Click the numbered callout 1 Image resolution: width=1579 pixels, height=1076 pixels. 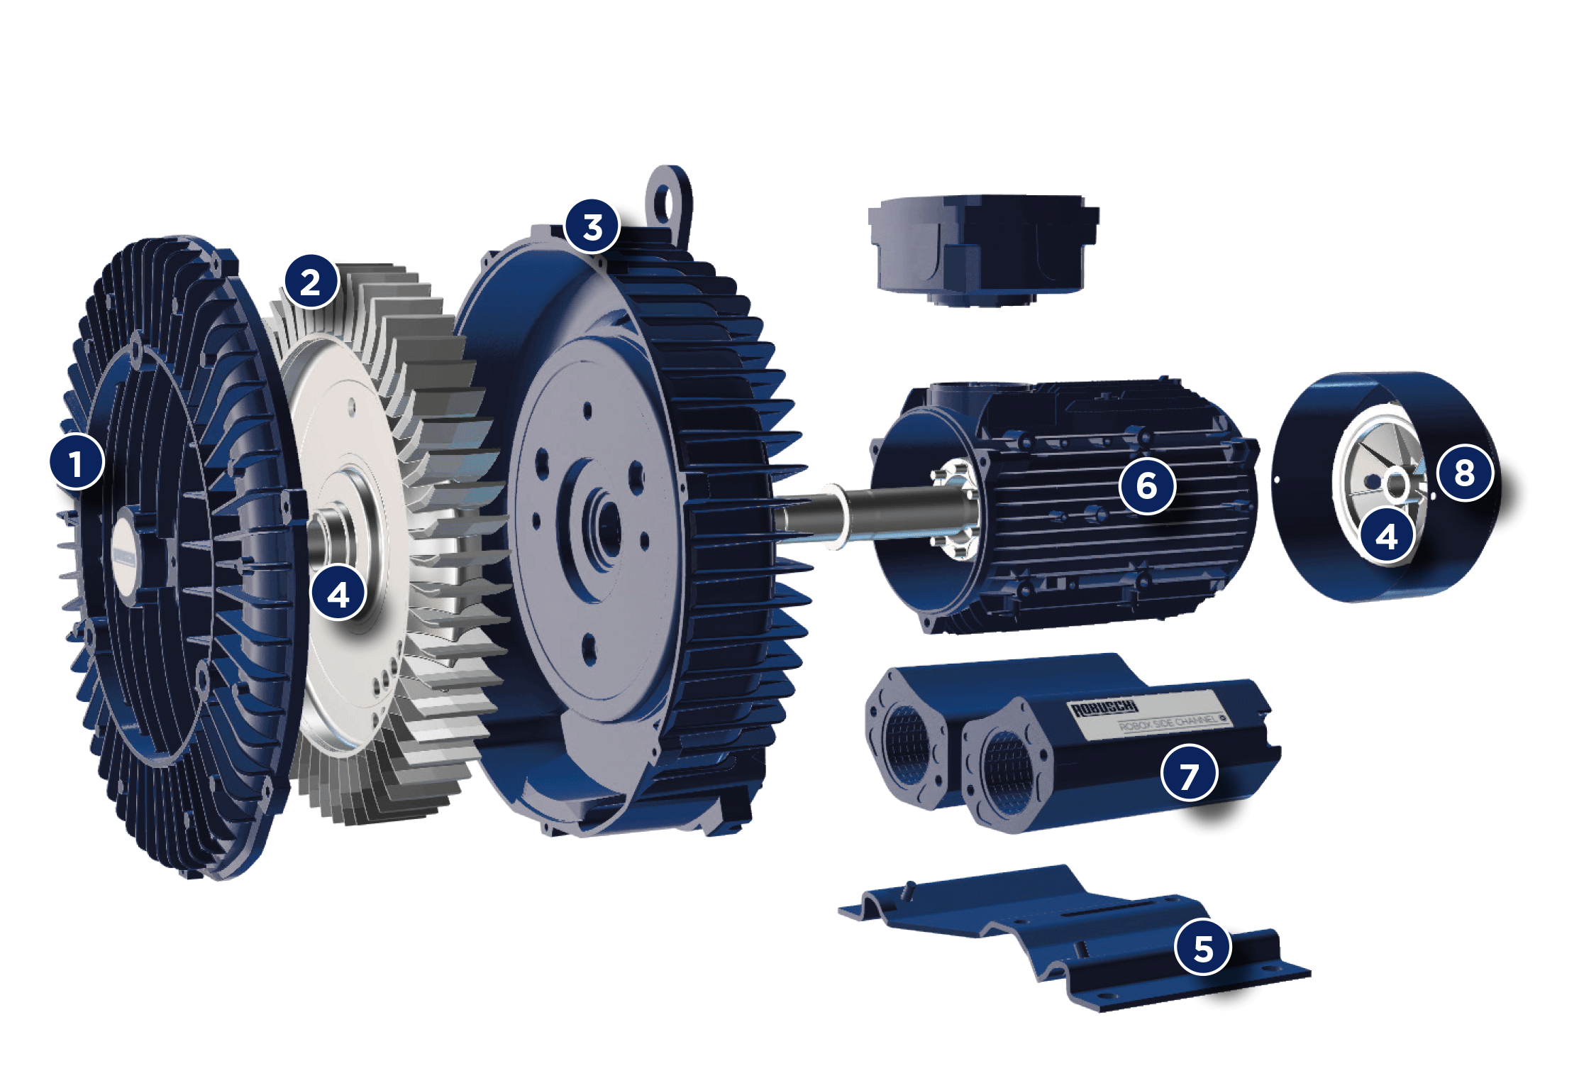point(77,463)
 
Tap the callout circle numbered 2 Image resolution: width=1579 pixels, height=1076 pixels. point(311,282)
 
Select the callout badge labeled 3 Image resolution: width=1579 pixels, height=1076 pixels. point(592,226)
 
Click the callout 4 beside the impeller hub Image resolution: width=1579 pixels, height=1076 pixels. point(338,593)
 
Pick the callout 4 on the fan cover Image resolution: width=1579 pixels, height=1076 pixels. point(1387,536)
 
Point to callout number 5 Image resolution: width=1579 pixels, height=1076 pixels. point(1203,948)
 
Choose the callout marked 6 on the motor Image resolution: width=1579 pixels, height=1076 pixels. point(1147,485)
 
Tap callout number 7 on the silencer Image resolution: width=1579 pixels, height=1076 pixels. point(1189,774)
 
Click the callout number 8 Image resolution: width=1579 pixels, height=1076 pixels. point(1465,473)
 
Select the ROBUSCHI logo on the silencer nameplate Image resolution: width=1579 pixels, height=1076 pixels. point(1104,708)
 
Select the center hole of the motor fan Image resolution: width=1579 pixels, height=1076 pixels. point(1396,485)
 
